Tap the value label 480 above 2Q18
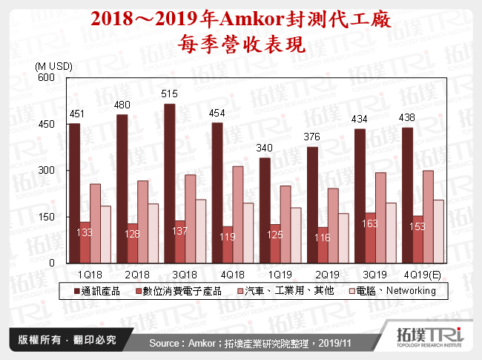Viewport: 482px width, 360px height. click(122, 105)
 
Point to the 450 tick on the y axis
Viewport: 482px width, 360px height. click(56, 123)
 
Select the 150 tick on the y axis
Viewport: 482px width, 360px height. click(56, 217)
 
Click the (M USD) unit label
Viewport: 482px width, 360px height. click(54, 66)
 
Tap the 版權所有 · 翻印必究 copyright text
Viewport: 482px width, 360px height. click(67, 341)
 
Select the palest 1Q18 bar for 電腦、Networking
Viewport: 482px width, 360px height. click(105, 235)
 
